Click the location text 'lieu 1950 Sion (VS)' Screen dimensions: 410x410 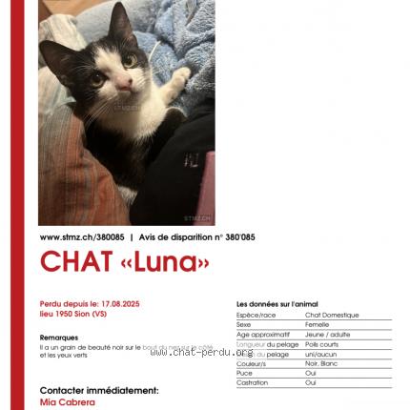(72, 313)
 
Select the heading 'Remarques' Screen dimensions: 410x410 (59, 338)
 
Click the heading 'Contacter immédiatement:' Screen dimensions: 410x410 (99, 390)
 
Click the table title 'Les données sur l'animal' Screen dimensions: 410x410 (277, 304)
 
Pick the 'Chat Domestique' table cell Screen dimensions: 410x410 (332, 315)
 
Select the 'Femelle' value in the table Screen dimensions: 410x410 (318, 324)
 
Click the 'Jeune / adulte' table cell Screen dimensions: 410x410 (327, 335)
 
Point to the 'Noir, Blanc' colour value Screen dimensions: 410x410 (322, 363)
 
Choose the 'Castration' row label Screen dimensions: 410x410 (252, 382)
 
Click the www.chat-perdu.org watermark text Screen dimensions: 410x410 (201, 352)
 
